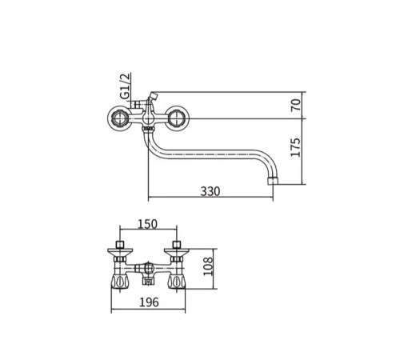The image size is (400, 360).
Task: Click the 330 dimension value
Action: pyautogui.click(x=210, y=191)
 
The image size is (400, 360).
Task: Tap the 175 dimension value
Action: pyautogui.click(x=295, y=147)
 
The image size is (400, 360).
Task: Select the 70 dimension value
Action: pyautogui.click(x=295, y=105)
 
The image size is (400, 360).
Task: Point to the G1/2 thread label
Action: pyautogui.click(x=126, y=86)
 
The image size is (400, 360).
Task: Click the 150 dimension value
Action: pyautogui.click(x=147, y=224)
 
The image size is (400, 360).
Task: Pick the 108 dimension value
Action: pyautogui.click(x=208, y=266)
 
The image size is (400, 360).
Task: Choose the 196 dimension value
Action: pyautogui.click(x=149, y=302)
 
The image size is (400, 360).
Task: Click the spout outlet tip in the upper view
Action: pyautogui.click(x=273, y=181)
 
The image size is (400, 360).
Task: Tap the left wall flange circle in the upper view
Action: pyautogui.click(x=119, y=118)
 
